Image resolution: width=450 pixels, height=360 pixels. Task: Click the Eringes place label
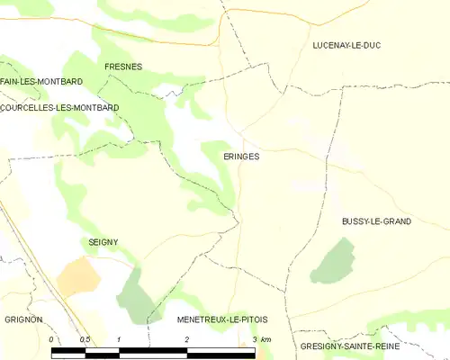coord(241,156)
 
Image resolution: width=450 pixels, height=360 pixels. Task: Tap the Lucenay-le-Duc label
coord(346,45)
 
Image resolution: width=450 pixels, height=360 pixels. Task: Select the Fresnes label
coord(123,67)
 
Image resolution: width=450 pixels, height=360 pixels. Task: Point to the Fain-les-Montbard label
coord(41,82)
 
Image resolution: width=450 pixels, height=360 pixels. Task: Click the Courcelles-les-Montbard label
coord(59,107)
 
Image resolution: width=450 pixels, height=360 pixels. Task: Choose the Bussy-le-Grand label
coord(376,220)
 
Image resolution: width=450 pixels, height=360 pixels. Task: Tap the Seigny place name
coord(103,242)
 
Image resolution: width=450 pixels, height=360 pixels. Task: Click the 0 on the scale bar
coord(51,339)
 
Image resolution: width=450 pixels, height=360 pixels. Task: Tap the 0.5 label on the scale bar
coord(85,339)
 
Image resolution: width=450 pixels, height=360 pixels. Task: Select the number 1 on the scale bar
coord(119,339)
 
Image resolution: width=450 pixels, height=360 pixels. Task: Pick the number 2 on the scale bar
coord(186,339)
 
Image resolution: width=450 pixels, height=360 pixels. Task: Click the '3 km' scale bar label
coord(261,339)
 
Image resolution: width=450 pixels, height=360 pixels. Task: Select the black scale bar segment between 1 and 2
coord(153,350)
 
